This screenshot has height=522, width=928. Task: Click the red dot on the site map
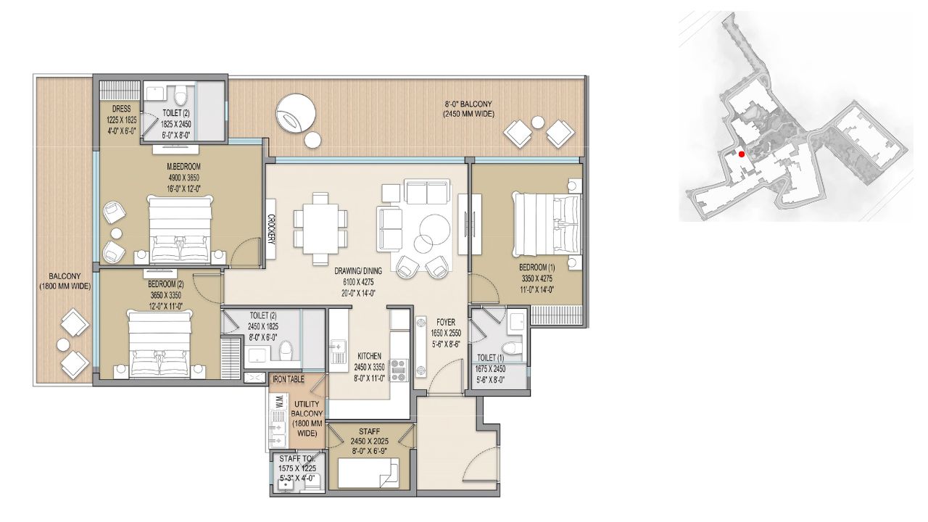point(741,154)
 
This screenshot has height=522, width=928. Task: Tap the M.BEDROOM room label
point(183,167)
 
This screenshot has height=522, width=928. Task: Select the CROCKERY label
point(271,229)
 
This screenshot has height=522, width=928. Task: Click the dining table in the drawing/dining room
point(320,228)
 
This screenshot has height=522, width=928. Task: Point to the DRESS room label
point(121,109)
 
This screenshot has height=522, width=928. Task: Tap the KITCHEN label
point(370,356)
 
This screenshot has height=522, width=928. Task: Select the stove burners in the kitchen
point(399,370)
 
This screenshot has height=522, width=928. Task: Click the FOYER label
point(445,322)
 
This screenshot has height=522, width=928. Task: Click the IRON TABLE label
point(289,378)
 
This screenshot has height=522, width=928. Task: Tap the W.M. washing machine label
point(279,402)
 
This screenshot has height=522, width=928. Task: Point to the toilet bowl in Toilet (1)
point(510,348)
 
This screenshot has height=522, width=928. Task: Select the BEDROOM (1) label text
point(536,268)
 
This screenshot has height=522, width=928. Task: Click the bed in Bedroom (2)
point(160,344)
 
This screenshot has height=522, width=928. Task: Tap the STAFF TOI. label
point(297,459)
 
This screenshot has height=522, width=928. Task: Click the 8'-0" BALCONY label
point(468,104)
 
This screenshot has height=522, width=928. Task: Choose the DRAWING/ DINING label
point(358,271)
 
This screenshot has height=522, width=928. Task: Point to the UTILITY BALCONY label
point(307,408)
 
